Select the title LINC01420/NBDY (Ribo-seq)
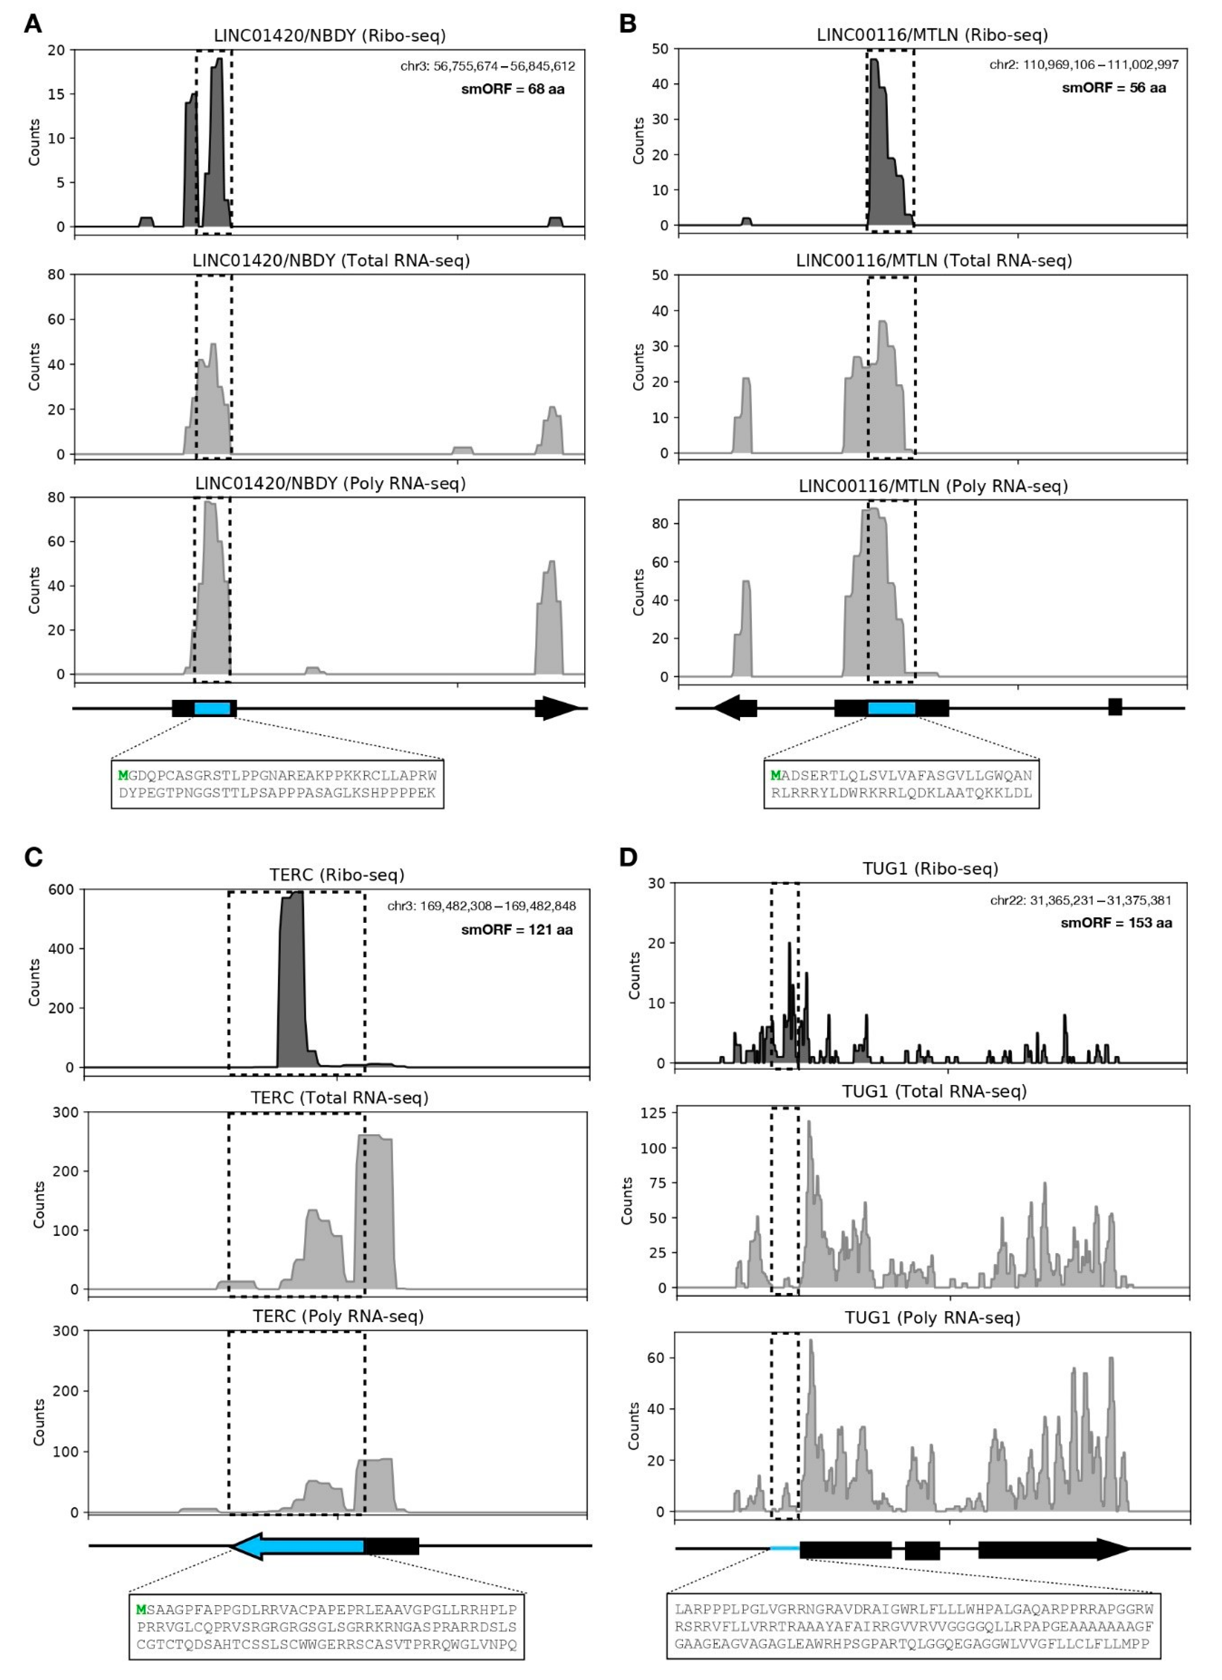pyautogui.click(x=330, y=36)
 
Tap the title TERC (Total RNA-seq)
pyautogui.click(x=339, y=1098)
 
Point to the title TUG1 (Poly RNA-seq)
pyautogui.click(x=932, y=1318)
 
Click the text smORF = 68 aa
pyautogui.click(x=513, y=89)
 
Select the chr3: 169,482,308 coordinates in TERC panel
pyautogui.click(x=481, y=906)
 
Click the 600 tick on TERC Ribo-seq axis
pyautogui.click(x=62, y=890)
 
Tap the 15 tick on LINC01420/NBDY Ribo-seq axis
pyautogui.click(x=56, y=94)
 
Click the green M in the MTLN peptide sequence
pyautogui.click(x=776, y=776)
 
